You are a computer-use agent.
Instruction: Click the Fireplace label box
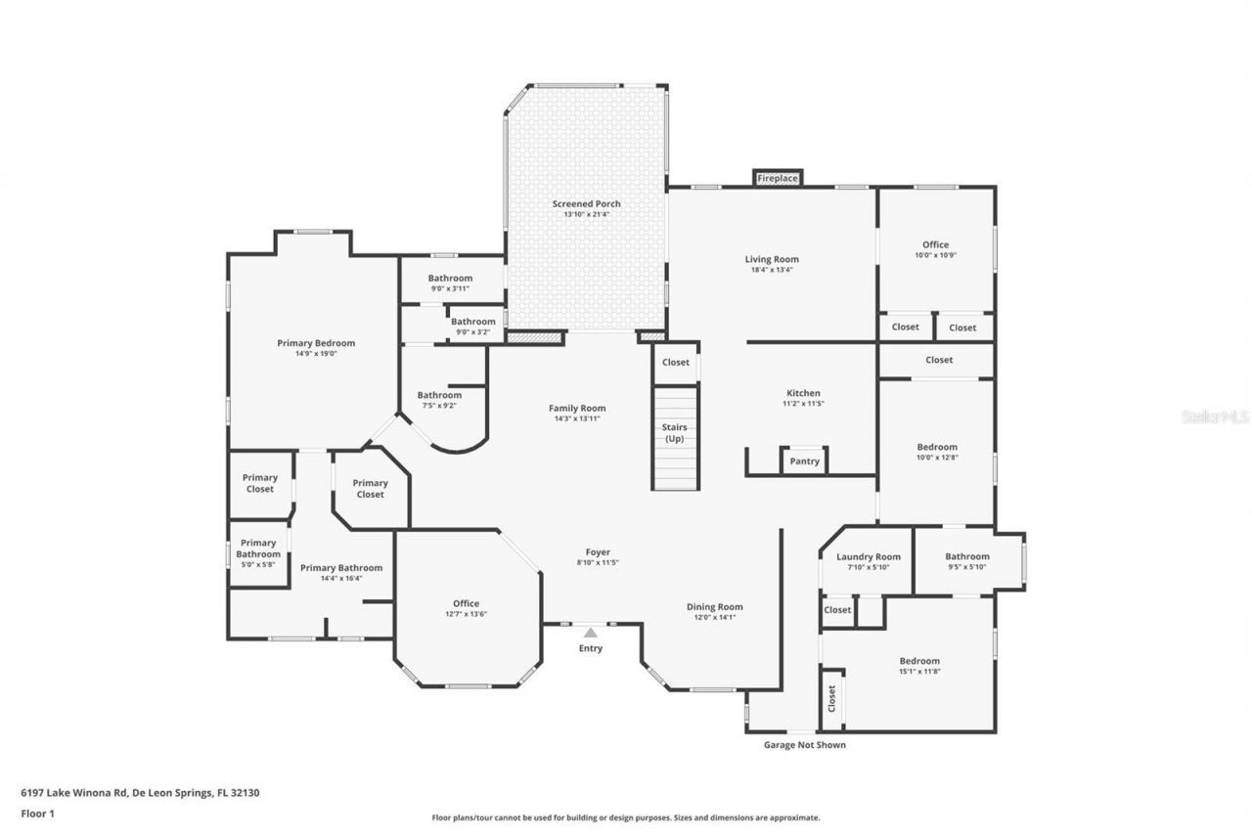(x=778, y=178)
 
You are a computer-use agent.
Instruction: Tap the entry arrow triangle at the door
(x=590, y=633)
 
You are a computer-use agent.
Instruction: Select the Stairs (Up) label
(x=675, y=433)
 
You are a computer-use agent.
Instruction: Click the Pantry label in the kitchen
(x=804, y=461)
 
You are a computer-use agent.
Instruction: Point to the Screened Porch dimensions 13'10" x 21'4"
(x=586, y=214)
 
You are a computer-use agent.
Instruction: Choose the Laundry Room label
(x=868, y=557)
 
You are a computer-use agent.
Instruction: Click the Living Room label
(x=772, y=259)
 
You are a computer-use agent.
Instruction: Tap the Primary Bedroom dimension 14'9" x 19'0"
(x=315, y=354)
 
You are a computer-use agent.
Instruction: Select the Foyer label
(x=597, y=552)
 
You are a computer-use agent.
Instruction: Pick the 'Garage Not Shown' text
(x=804, y=745)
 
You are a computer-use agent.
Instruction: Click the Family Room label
(x=576, y=409)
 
